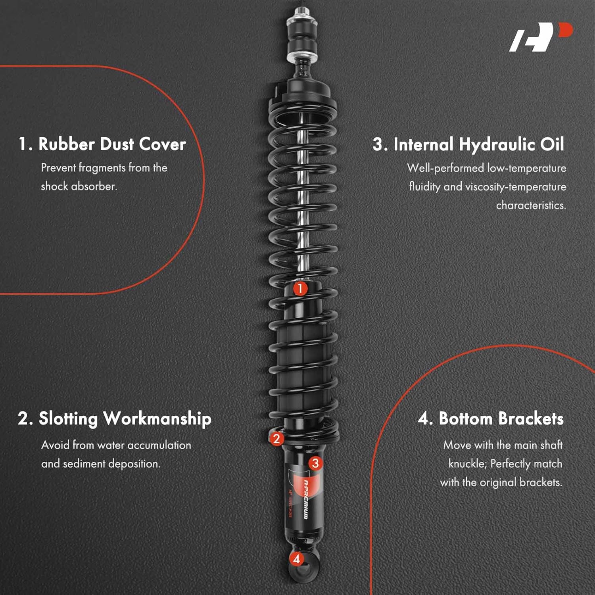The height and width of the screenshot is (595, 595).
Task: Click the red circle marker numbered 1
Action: click(x=300, y=288)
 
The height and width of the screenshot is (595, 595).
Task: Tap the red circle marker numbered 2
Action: click(x=276, y=438)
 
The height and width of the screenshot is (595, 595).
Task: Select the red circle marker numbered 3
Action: click(x=315, y=463)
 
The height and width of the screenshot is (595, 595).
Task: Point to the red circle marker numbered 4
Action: click(x=297, y=559)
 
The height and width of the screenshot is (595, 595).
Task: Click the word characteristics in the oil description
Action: click(x=531, y=205)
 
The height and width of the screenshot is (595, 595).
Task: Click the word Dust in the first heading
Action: click(x=117, y=144)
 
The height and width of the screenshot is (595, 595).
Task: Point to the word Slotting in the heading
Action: click(x=68, y=419)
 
